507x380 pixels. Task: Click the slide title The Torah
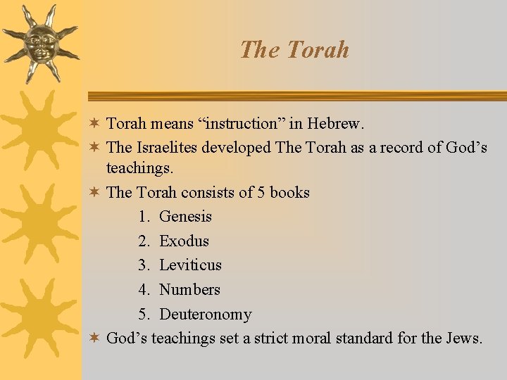(x=294, y=49)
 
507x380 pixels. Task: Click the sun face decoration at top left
(x=39, y=42)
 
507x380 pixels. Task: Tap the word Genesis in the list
(x=185, y=217)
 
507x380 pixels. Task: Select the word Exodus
(x=184, y=241)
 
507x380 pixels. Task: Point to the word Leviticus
(x=190, y=265)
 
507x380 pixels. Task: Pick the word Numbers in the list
(x=189, y=290)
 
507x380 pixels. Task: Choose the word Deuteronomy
(x=205, y=315)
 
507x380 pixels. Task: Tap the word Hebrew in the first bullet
(x=336, y=124)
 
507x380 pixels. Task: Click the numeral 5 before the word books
(x=261, y=192)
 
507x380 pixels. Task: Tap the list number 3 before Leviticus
(x=144, y=265)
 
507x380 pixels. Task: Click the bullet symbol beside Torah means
(x=95, y=124)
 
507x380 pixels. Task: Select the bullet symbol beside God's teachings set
(x=95, y=338)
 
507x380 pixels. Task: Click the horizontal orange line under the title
(x=296, y=96)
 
